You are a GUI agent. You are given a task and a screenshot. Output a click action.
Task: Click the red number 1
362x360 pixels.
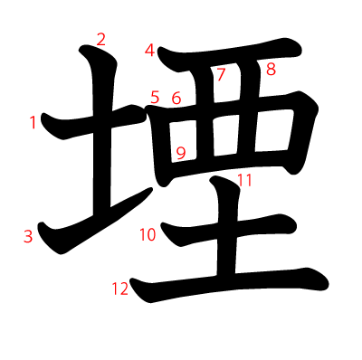[33, 122]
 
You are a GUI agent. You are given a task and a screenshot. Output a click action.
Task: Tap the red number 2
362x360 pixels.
[100, 39]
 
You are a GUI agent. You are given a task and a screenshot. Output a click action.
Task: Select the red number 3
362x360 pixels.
[28, 237]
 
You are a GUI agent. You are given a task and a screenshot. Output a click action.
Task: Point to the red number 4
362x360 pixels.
[149, 51]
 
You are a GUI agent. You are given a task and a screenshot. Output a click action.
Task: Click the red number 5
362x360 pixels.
[155, 97]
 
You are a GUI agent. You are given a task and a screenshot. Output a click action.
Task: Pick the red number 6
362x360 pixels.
[176, 98]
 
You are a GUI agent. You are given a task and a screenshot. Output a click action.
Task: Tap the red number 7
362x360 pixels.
[221, 74]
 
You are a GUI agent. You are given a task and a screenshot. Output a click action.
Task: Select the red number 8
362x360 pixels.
[271, 69]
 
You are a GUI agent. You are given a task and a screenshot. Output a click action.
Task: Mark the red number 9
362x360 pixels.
[181, 153]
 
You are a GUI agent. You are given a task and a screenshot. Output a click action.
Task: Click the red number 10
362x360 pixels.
[148, 235]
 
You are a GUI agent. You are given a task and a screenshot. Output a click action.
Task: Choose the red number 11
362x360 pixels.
[244, 180]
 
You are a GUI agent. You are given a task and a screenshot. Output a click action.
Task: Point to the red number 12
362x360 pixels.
[119, 289]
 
